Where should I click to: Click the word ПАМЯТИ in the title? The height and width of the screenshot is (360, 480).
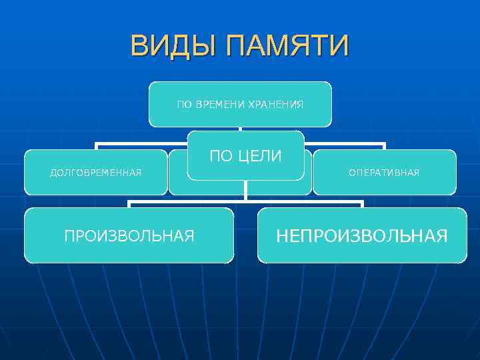point(287,47)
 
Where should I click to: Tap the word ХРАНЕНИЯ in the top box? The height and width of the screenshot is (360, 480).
point(275,105)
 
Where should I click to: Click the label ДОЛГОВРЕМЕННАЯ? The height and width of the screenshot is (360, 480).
point(96,173)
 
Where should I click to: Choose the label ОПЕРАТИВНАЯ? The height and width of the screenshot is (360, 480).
point(384,173)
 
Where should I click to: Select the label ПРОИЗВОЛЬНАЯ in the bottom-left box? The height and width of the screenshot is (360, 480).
point(129,235)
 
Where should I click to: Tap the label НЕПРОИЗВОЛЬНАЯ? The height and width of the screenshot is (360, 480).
point(362,235)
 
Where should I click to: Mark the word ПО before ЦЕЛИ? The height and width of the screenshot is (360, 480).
point(221,156)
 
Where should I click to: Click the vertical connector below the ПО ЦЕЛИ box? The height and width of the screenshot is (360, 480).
point(246,189)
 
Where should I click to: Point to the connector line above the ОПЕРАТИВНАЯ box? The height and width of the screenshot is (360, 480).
point(384,146)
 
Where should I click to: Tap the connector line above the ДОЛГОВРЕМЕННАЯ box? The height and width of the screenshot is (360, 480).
point(96,146)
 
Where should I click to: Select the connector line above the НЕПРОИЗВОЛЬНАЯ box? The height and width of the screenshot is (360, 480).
point(362,204)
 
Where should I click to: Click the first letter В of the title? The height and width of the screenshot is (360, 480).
point(139,47)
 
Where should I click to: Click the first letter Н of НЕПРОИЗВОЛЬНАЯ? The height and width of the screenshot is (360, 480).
point(283,235)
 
